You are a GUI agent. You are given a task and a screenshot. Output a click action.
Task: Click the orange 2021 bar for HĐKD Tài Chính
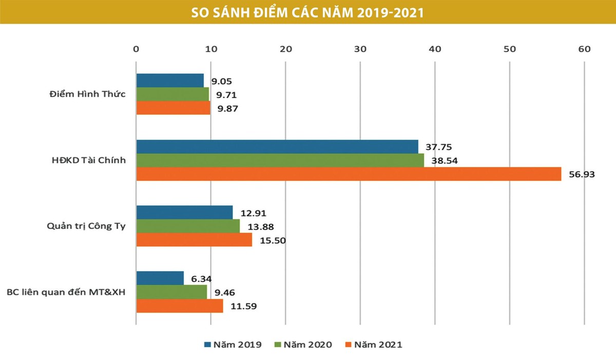point(349,174)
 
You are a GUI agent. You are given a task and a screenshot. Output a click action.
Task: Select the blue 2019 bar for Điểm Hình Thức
point(170,81)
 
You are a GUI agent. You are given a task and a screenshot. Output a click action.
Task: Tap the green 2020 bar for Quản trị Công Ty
point(188,226)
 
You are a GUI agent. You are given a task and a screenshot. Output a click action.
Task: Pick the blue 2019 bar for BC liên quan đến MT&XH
point(160,278)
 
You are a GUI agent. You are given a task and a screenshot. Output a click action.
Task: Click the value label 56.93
point(582,175)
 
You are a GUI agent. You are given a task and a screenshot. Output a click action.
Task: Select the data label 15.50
point(272,240)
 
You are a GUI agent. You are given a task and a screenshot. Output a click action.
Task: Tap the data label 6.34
point(202,278)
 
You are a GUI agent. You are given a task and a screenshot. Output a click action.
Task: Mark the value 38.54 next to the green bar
point(445,161)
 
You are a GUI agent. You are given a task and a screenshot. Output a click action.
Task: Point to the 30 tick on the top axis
point(360,49)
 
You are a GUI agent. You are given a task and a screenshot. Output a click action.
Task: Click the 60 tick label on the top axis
point(584,49)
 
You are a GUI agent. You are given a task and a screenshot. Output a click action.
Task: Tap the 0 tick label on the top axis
point(136,49)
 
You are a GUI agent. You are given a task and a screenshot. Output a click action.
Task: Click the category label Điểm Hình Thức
point(87,94)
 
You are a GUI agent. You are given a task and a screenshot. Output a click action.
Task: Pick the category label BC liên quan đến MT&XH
point(66,292)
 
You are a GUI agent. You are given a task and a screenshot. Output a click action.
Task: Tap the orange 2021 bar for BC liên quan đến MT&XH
point(180,306)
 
